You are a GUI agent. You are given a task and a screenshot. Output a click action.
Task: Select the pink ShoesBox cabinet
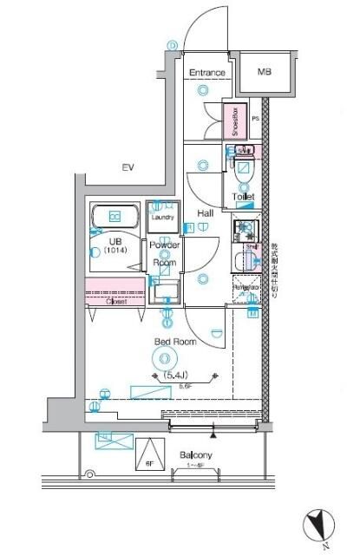click(234, 121)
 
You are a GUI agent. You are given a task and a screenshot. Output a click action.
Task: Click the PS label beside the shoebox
click(255, 119)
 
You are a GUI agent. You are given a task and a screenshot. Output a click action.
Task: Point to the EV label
click(127, 167)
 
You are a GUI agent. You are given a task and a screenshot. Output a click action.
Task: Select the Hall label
click(206, 213)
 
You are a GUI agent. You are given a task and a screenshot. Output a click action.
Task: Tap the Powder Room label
click(167, 253)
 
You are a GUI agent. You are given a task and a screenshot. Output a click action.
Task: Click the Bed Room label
click(175, 342)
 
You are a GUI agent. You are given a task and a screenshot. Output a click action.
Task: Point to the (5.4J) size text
click(177, 375)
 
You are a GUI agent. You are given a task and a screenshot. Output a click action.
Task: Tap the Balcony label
click(196, 454)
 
